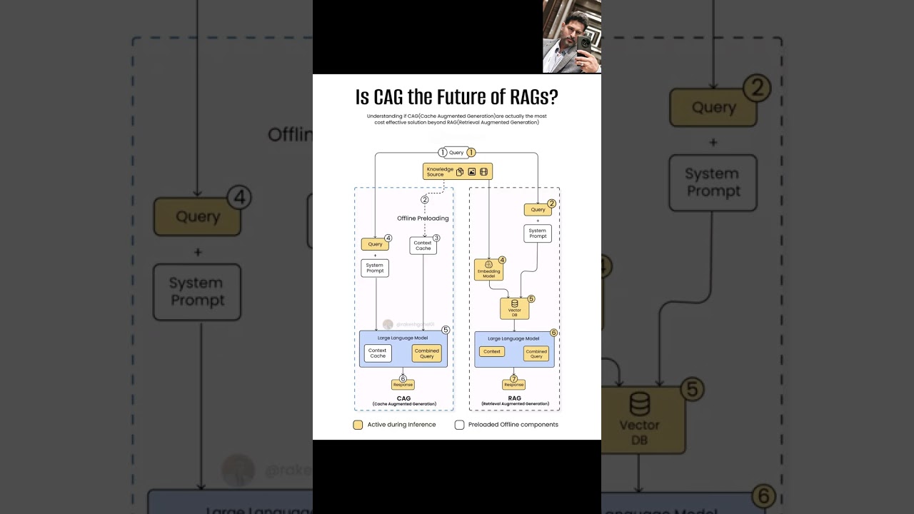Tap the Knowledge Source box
[x=457, y=171]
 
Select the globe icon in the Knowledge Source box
[x=483, y=171]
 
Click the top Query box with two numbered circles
[x=456, y=152]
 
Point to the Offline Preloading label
[x=423, y=218]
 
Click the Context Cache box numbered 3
[x=423, y=246]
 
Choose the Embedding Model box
[x=488, y=270]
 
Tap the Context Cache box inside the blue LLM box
[x=378, y=353]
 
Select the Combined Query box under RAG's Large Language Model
[x=536, y=353]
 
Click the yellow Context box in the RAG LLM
[x=492, y=351]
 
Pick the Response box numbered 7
[x=513, y=385]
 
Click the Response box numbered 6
[x=403, y=385]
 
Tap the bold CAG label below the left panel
[x=403, y=398]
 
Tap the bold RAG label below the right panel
[x=514, y=398]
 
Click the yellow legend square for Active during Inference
[x=358, y=425]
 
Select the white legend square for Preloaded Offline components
[x=459, y=425]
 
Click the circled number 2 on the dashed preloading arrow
[x=424, y=199]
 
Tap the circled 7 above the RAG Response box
[x=513, y=378]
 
